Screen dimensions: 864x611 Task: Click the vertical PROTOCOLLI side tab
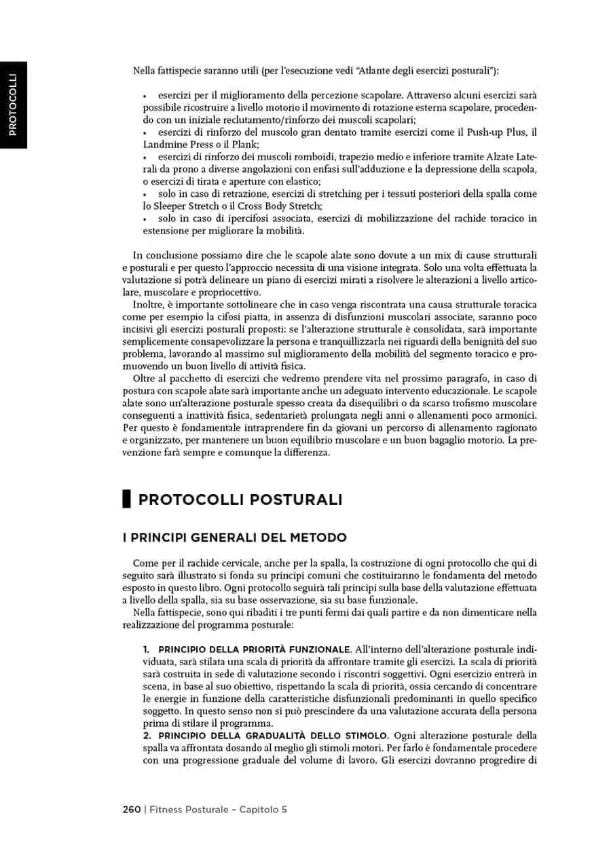coord(13,105)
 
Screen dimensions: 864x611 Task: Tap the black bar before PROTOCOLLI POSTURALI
coord(126,500)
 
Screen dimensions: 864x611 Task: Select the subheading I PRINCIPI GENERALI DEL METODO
coord(234,538)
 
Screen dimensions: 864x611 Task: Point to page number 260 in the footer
coord(132,809)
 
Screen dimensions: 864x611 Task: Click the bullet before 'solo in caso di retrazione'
coord(145,194)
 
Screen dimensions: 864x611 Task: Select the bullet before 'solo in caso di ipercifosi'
coord(145,219)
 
